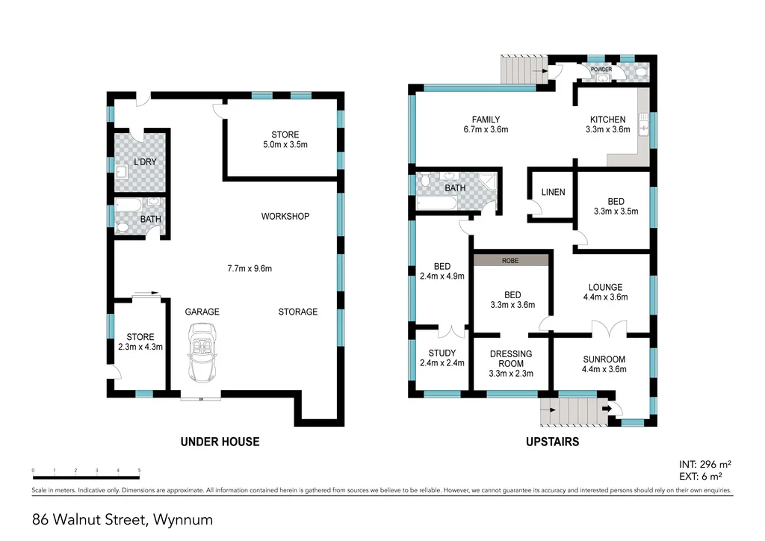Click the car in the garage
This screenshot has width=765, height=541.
point(201,353)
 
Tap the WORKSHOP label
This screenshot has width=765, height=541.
point(285,217)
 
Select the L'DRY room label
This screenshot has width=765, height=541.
point(144,162)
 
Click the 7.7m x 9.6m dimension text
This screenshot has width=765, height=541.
point(250,268)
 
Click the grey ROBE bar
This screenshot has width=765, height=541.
point(511,260)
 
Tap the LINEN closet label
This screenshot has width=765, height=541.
point(553,193)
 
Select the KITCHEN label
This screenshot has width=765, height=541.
point(607,120)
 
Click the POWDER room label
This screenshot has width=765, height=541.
point(601,69)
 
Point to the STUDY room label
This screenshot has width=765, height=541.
point(442,353)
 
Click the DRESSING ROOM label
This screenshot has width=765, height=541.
point(510,359)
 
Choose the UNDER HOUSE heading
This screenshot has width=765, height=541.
point(220,442)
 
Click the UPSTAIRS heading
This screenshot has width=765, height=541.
point(553,442)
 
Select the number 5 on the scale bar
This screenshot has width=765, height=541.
point(140,471)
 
